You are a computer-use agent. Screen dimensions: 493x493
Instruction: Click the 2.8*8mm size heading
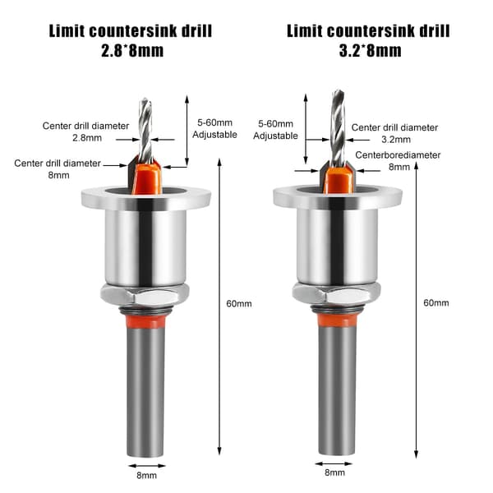pyautogui.click(x=132, y=51)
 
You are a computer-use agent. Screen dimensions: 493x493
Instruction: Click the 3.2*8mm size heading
pyautogui.click(x=370, y=51)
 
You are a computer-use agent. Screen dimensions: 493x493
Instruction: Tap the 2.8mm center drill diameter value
pyautogui.click(x=87, y=138)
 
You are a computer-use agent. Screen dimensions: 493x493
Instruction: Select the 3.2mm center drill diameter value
pyautogui.click(x=396, y=140)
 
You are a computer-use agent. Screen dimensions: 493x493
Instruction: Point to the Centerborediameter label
pyautogui.click(x=398, y=155)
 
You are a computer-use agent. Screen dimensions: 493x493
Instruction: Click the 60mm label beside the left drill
pyautogui.click(x=239, y=304)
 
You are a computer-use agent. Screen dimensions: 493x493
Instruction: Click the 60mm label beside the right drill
pyautogui.click(x=436, y=302)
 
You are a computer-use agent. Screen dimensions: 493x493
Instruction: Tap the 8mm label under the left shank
pyautogui.click(x=146, y=475)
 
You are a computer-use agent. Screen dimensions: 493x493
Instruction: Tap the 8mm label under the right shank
pyautogui.click(x=334, y=472)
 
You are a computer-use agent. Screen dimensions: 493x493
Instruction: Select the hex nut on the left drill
pyautogui.click(x=145, y=296)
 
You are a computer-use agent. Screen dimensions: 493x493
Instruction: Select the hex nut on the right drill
pyautogui.click(x=336, y=293)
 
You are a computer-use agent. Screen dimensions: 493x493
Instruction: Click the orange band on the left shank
pyautogui.click(x=145, y=321)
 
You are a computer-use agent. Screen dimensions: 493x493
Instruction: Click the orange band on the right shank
pyautogui.click(x=338, y=320)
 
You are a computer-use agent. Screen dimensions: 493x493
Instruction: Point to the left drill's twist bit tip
pyautogui.click(x=145, y=99)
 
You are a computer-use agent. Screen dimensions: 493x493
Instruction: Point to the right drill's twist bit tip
pyautogui.click(x=338, y=90)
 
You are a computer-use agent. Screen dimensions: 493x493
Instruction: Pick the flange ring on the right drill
pyautogui.click(x=338, y=196)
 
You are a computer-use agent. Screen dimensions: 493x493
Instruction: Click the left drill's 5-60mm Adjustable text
pyautogui.click(x=214, y=129)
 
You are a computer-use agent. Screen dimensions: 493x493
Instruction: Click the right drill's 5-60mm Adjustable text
pyautogui.click(x=275, y=130)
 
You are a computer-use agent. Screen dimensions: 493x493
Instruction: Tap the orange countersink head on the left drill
pyautogui.click(x=147, y=177)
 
